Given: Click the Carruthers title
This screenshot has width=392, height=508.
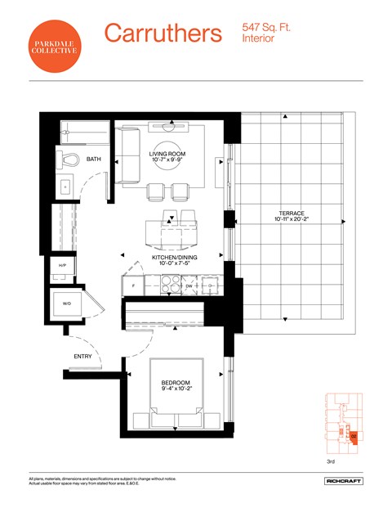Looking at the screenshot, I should click(x=163, y=34).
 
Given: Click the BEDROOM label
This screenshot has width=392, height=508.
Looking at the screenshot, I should click(x=176, y=383).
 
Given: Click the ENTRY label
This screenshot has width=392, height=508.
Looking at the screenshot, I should click(x=82, y=357).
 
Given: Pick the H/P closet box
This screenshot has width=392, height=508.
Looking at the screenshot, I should click(x=62, y=267).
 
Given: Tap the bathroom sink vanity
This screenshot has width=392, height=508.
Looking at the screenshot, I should click(x=65, y=186).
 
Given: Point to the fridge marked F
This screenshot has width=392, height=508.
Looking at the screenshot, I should click(x=131, y=286).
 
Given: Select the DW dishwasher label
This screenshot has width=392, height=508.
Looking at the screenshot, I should click(x=189, y=287).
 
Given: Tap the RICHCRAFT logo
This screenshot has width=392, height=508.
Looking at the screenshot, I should click(x=343, y=481).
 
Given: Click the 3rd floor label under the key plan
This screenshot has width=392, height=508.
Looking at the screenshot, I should click(x=330, y=461).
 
